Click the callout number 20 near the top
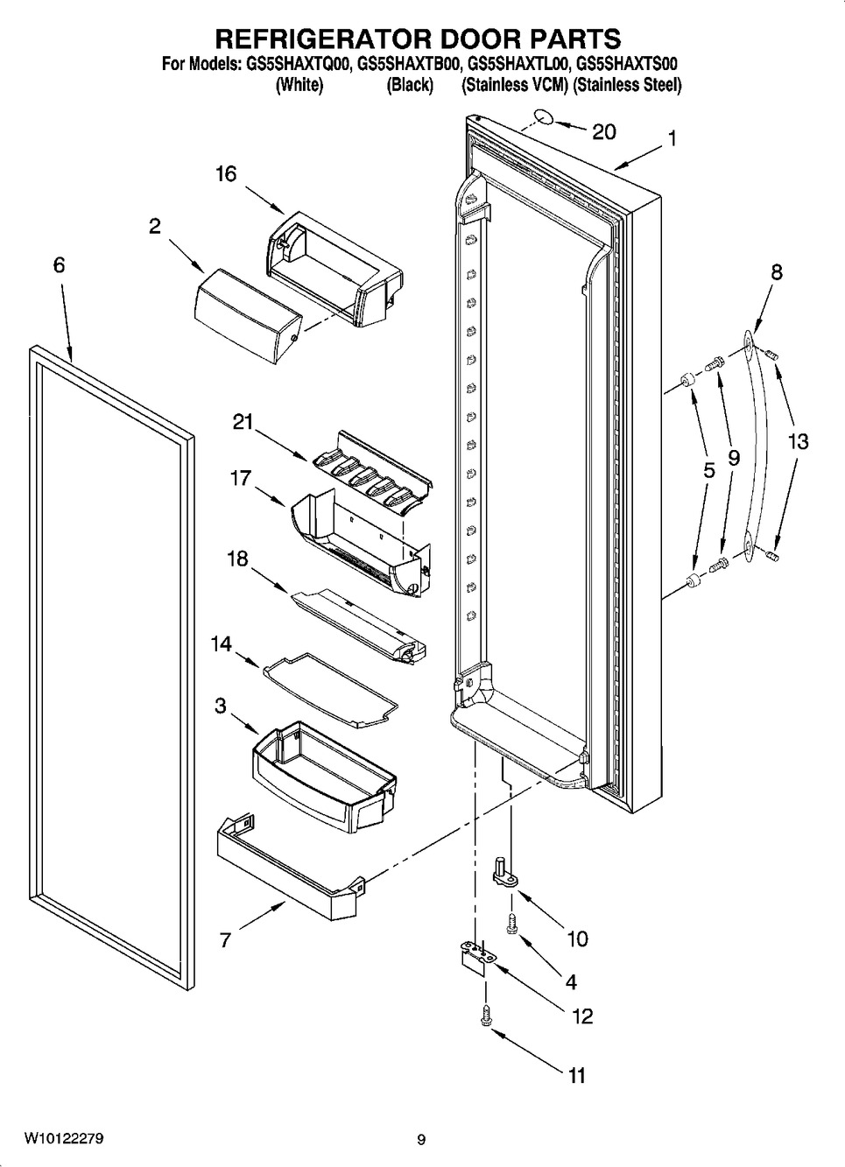604,131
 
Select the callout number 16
226,174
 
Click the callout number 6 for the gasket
59,264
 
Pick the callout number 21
243,422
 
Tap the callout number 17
241,478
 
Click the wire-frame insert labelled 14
328,686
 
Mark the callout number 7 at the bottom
225,940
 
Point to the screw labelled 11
487,1015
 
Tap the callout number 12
582,1016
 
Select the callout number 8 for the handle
777,272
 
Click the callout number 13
798,441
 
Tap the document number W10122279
64,1139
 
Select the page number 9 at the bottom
421,1140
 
